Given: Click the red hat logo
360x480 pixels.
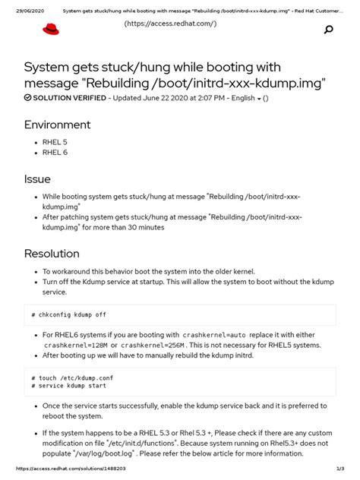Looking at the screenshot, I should pos(50,30).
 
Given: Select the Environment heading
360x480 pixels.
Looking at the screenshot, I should pos(58,125).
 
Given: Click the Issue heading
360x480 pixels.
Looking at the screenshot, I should pos(37,179).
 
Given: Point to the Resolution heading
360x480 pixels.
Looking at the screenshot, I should pos(52,253).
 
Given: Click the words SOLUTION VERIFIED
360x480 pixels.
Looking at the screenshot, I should pos(68,98).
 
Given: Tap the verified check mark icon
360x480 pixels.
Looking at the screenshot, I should pos(28,98).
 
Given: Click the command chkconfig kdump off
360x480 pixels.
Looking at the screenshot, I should pos(70,314).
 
